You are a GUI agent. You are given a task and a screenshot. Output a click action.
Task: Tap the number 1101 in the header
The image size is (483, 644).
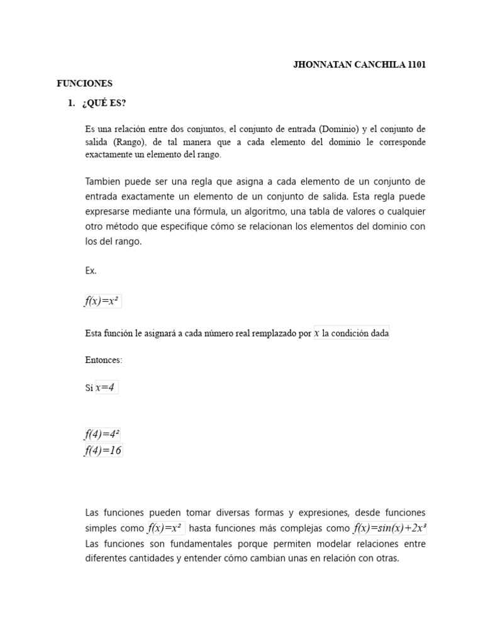(x=416, y=65)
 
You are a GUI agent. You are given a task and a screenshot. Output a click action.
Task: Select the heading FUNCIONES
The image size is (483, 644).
(x=84, y=83)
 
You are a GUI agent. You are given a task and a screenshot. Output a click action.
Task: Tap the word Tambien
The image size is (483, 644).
(x=103, y=182)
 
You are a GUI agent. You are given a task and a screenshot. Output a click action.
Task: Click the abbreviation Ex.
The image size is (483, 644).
(x=91, y=271)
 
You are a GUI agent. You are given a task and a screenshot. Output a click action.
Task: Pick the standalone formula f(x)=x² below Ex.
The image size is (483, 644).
(x=103, y=301)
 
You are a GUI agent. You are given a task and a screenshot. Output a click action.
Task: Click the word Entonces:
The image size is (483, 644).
(x=104, y=360)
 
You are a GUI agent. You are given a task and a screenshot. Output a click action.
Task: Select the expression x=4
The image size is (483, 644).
(x=106, y=388)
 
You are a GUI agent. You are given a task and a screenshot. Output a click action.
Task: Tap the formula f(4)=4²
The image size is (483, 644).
(x=103, y=435)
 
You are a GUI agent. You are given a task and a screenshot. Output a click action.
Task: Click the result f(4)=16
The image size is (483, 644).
(x=103, y=450)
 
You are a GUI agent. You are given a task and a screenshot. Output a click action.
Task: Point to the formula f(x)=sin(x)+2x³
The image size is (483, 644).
(x=394, y=528)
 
